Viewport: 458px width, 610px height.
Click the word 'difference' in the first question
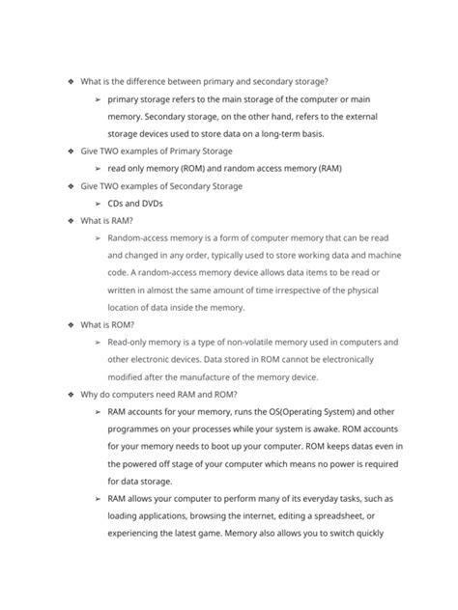tap(155, 81)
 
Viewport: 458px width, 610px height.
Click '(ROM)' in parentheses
tap(215, 168)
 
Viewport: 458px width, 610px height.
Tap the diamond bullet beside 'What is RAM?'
tap(71, 220)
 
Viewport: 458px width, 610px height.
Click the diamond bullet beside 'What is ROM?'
tap(71, 324)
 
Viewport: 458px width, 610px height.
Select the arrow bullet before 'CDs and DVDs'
tap(99, 203)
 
